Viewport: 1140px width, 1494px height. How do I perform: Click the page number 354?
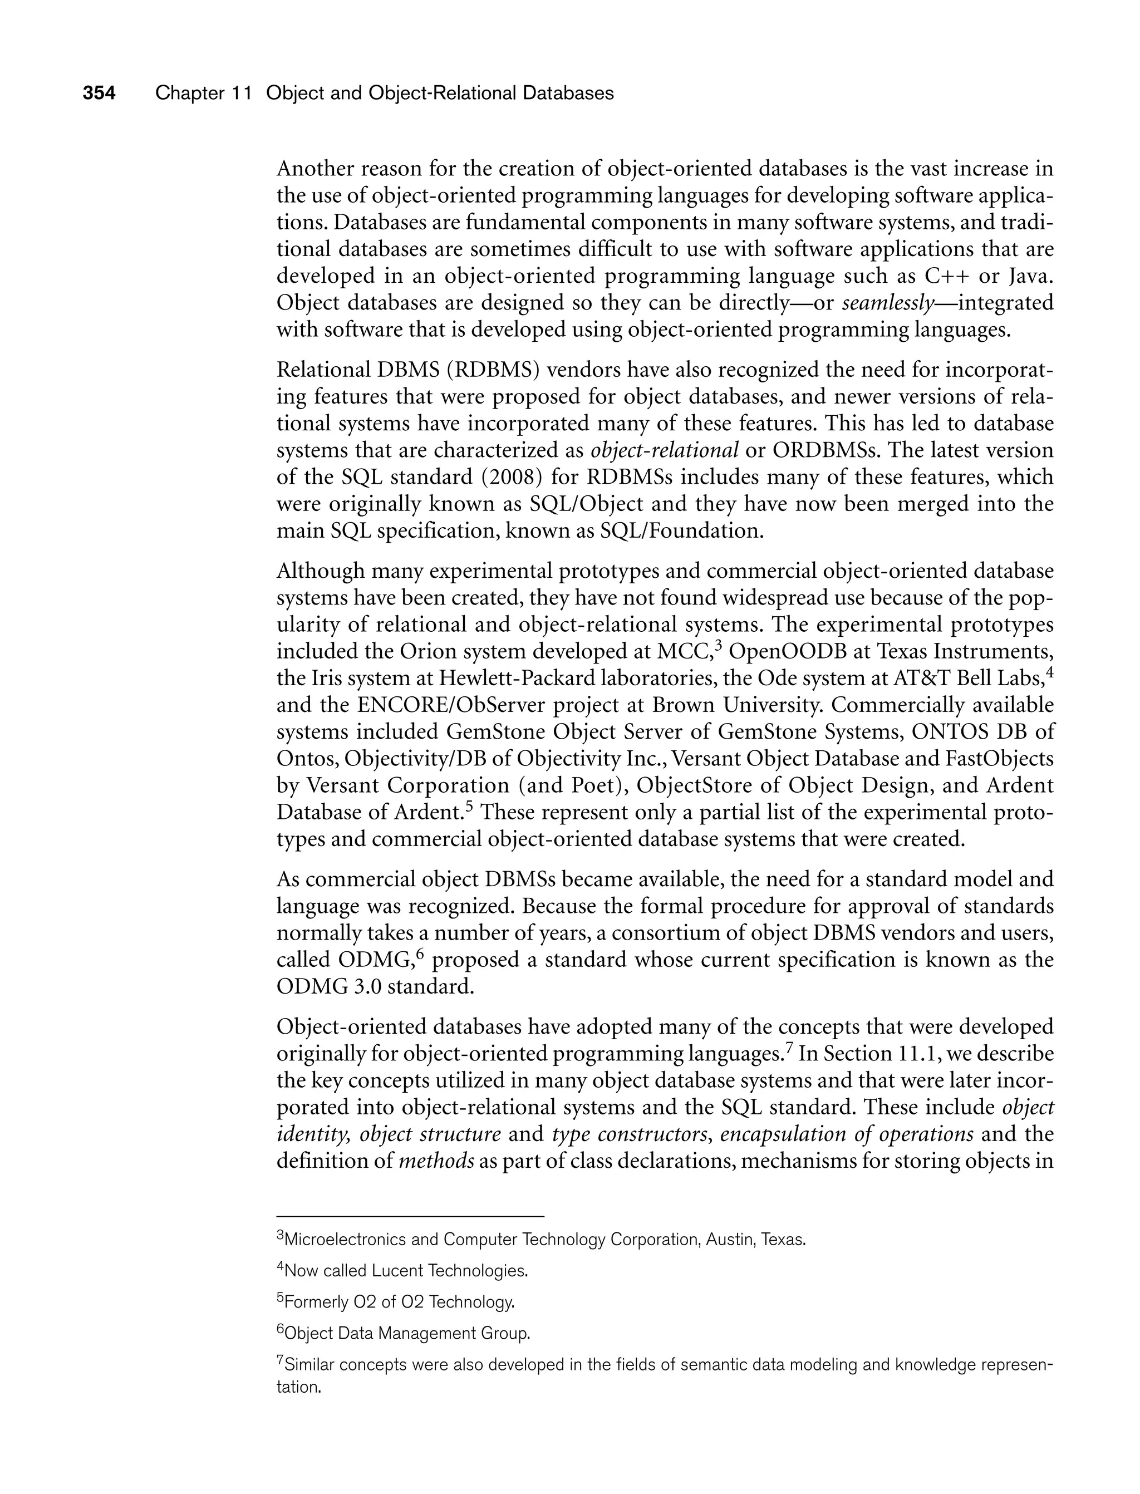point(99,93)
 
